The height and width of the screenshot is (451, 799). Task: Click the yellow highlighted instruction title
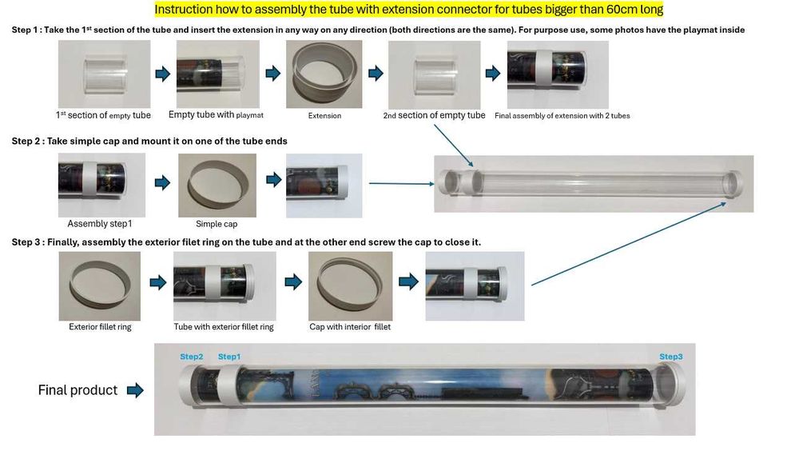click(x=408, y=9)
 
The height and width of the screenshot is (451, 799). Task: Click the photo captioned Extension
click(x=324, y=74)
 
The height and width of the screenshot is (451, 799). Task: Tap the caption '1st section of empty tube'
click(x=103, y=115)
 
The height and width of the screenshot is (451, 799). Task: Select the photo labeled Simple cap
click(x=217, y=186)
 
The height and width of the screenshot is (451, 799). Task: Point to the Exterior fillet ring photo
click(x=99, y=285)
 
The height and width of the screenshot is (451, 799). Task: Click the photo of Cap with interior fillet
click(x=350, y=285)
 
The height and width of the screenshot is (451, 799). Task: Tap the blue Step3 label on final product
click(x=670, y=357)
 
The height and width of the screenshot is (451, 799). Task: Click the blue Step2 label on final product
click(x=192, y=357)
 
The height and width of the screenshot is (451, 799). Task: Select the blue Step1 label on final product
click(x=229, y=357)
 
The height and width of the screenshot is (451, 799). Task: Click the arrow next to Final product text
click(x=135, y=390)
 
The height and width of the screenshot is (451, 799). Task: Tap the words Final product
click(x=78, y=390)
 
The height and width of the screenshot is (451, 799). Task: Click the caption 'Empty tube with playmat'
click(x=216, y=115)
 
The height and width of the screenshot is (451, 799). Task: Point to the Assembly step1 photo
click(x=101, y=186)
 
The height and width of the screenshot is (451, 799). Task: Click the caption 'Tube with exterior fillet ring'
click(x=224, y=326)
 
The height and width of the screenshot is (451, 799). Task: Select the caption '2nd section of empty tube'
click(x=434, y=115)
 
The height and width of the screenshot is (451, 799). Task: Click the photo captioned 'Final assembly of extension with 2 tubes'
click(x=558, y=74)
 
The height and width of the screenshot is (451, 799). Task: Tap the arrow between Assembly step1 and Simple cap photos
click(x=162, y=182)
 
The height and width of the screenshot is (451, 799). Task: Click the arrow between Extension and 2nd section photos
click(x=376, y=74)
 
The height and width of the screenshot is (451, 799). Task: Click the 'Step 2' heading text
click(x=149, y=141)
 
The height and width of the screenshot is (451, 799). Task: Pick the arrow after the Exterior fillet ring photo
click(x=158, y=282)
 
